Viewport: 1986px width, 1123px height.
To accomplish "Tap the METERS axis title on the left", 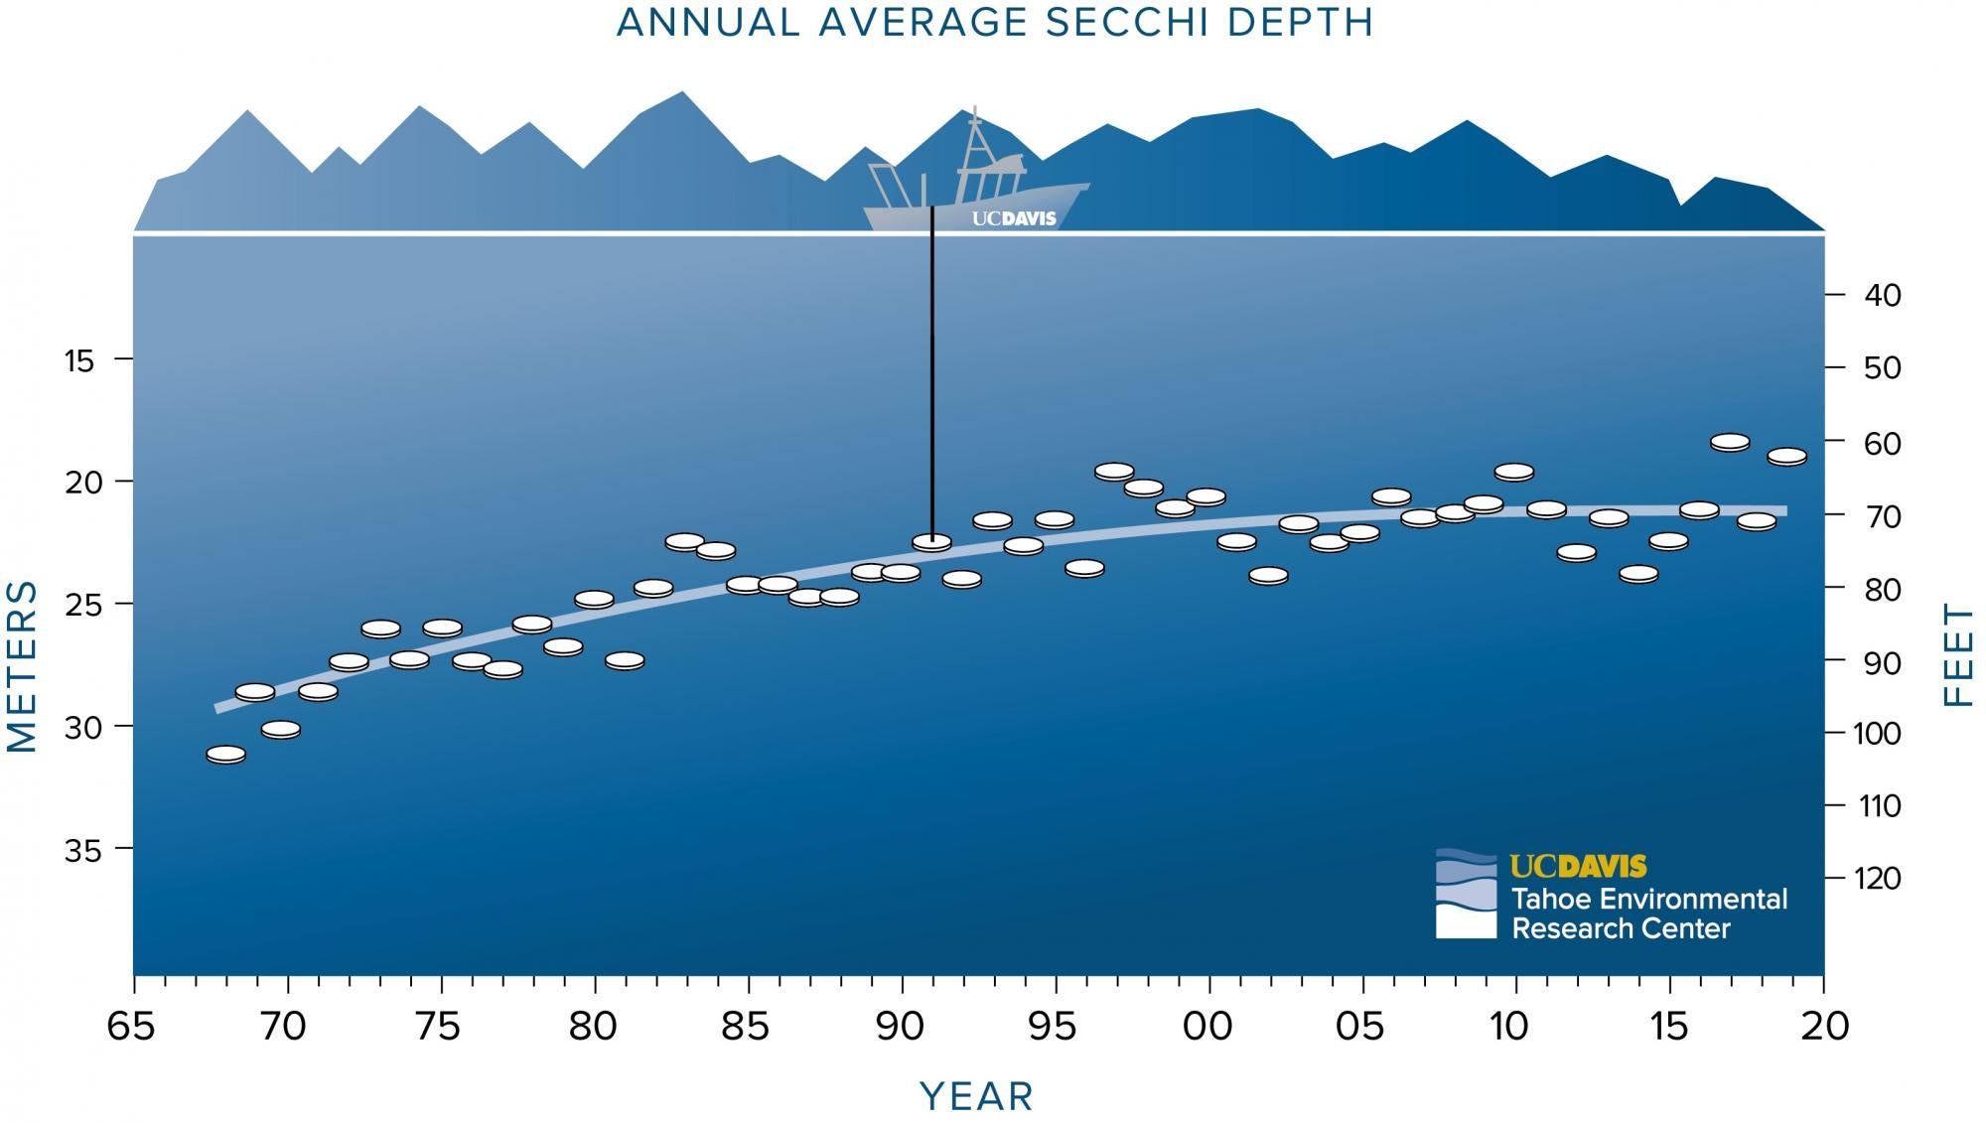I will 22,666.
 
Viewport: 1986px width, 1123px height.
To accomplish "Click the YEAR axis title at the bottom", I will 977,1096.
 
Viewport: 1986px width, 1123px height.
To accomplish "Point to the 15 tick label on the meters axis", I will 79,360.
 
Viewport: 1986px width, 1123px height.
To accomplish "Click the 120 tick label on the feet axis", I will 1877,879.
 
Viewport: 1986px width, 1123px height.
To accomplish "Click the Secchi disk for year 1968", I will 226,755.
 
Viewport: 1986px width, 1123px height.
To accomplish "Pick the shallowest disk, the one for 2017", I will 1730,442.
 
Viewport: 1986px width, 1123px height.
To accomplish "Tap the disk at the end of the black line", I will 931,542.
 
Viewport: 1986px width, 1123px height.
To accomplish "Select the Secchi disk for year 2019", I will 1786,457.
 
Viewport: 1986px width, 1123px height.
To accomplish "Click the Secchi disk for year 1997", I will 1114,472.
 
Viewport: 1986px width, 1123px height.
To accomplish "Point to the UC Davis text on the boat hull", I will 1013,218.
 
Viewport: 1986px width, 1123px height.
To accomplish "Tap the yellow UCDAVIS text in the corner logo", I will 1578,867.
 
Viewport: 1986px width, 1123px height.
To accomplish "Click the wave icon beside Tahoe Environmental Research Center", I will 1465,894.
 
